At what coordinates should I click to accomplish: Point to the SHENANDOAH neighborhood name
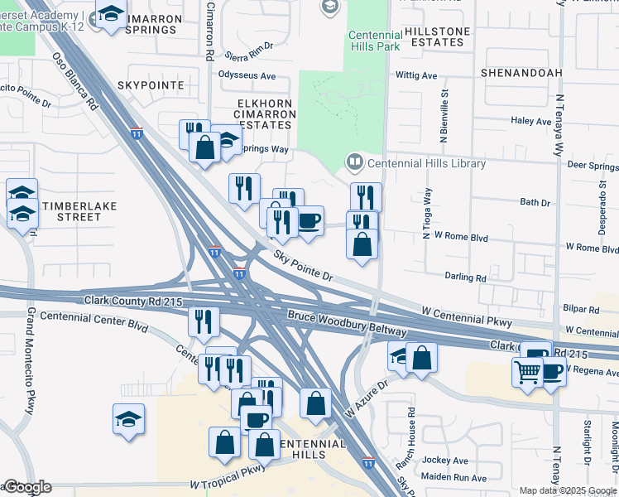521,73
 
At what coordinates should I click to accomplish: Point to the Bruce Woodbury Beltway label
347,324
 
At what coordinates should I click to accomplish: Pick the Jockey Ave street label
447,461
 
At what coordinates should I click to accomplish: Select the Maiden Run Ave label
456,478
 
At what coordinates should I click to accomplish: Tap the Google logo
26,488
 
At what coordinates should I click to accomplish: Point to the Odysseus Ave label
247,75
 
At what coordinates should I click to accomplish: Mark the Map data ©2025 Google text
568,490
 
